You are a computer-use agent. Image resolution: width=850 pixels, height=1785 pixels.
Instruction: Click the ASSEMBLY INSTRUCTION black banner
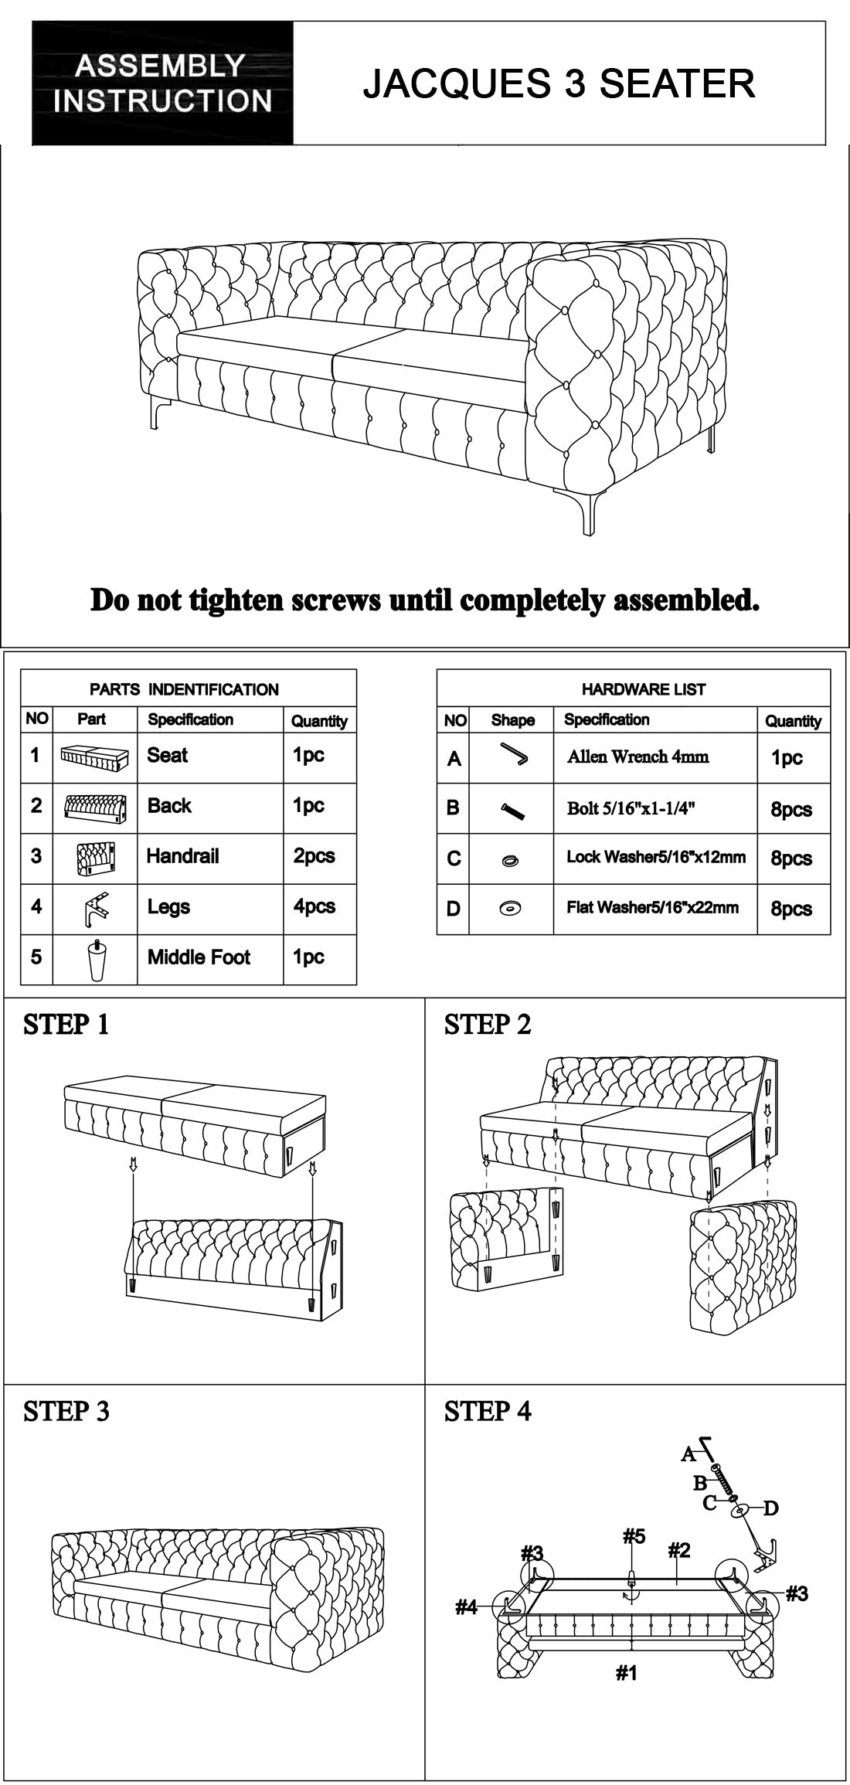[x=162, y=83]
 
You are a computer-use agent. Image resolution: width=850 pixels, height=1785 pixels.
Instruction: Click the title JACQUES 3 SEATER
[x=559, y=83]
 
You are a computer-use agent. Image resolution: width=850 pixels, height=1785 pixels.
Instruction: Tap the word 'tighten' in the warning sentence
[x=237, y=600]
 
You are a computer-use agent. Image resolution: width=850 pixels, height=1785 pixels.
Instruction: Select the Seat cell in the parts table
[x=168, y=755]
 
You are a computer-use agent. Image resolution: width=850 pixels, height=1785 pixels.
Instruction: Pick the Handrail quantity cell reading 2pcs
[x=314, y=856]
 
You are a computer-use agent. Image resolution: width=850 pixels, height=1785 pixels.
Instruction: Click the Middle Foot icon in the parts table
[x=94, y=958]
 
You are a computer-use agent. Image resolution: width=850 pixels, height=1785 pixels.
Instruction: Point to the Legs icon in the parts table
[x=94, y=908]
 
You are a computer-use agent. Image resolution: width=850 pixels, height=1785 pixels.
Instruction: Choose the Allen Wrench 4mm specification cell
[x=637, y=756]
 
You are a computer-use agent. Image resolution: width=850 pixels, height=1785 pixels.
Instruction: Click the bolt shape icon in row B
[x=512, y=809]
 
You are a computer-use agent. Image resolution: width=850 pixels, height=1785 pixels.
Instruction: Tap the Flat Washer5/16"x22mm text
[x=652, y=907]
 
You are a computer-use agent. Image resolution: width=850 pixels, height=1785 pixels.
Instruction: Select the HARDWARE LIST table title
[x=643, y=689]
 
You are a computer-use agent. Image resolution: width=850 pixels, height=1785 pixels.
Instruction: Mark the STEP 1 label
[x=66, y=1025]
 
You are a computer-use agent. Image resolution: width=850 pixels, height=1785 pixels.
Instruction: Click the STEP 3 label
[x=66, y=1411]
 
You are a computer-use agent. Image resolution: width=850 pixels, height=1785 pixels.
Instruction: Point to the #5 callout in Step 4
[x=634, y=1535]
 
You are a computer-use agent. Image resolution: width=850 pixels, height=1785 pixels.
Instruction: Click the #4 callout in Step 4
[x=466, y=1607]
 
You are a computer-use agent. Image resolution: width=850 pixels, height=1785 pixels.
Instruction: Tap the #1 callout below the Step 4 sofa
[x=626, y=1673]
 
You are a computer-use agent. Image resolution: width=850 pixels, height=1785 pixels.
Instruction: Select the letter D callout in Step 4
[x=770, y=1508]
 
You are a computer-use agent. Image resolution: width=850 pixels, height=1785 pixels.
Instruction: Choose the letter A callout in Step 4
[x=688, y=1454]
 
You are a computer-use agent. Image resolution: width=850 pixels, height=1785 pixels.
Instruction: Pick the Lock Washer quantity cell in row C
[x=790, y=859]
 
